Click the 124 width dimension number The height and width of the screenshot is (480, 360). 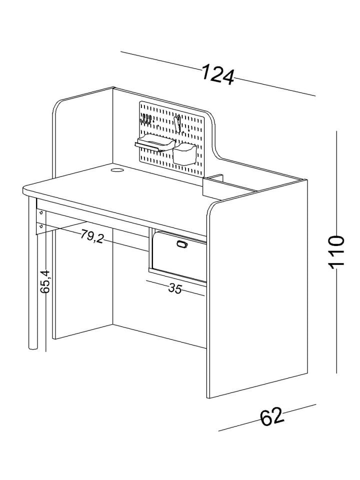218,74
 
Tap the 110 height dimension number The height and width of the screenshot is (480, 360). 336,252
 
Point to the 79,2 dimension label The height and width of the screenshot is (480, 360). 92,236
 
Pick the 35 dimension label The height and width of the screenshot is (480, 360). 175,288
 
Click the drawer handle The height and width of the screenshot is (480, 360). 181,244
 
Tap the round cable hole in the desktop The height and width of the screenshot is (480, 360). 117,169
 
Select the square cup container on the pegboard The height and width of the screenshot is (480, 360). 184,154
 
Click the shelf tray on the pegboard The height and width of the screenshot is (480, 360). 155,143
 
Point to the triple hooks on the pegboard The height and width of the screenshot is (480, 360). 146,119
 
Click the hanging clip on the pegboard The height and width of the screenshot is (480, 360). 177,123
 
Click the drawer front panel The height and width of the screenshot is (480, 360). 179,256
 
